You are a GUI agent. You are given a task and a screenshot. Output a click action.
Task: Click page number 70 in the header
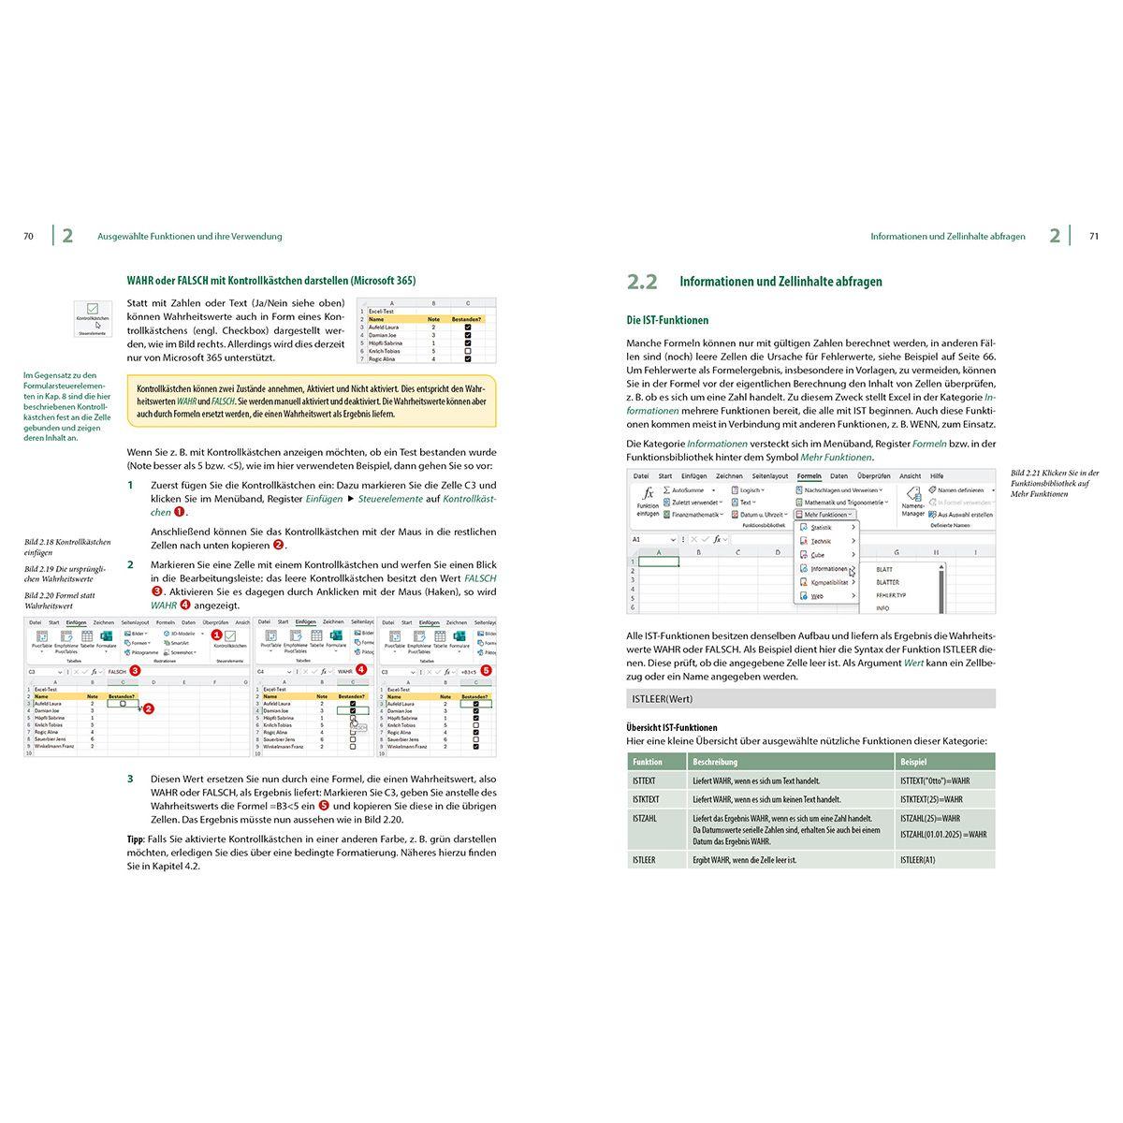(x=28, y=237)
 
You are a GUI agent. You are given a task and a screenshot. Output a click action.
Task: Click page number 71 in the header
(x=1093, y=237)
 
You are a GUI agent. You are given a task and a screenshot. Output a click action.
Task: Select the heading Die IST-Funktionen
(x=667, y=320)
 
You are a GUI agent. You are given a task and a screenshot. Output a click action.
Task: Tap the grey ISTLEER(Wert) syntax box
(x=810, y=698)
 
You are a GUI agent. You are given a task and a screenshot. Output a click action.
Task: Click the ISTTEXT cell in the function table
(x=645, y=780)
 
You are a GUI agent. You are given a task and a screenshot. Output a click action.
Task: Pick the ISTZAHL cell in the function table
(x=645, y=818)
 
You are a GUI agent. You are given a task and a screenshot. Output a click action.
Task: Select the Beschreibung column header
(x=715, y=762)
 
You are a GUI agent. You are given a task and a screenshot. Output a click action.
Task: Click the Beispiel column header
(x=913, y=762)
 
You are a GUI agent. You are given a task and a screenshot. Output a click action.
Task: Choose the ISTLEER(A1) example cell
(x=917, y=859)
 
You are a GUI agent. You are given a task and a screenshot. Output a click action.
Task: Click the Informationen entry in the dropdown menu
(x=828, y=568)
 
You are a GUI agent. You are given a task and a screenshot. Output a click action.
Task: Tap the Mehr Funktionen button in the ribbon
(x=824, y=515)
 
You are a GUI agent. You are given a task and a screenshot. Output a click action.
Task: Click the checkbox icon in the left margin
(x=92, y=309)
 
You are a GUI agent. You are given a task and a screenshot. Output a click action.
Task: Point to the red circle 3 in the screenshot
(x=135, y=670)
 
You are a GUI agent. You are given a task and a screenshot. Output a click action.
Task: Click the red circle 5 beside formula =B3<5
(x=485, y=670)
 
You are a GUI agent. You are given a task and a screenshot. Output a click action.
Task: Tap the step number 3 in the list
(x=131, y=779)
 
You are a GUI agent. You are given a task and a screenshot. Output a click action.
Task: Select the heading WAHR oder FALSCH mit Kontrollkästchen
(x=271, y=280)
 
